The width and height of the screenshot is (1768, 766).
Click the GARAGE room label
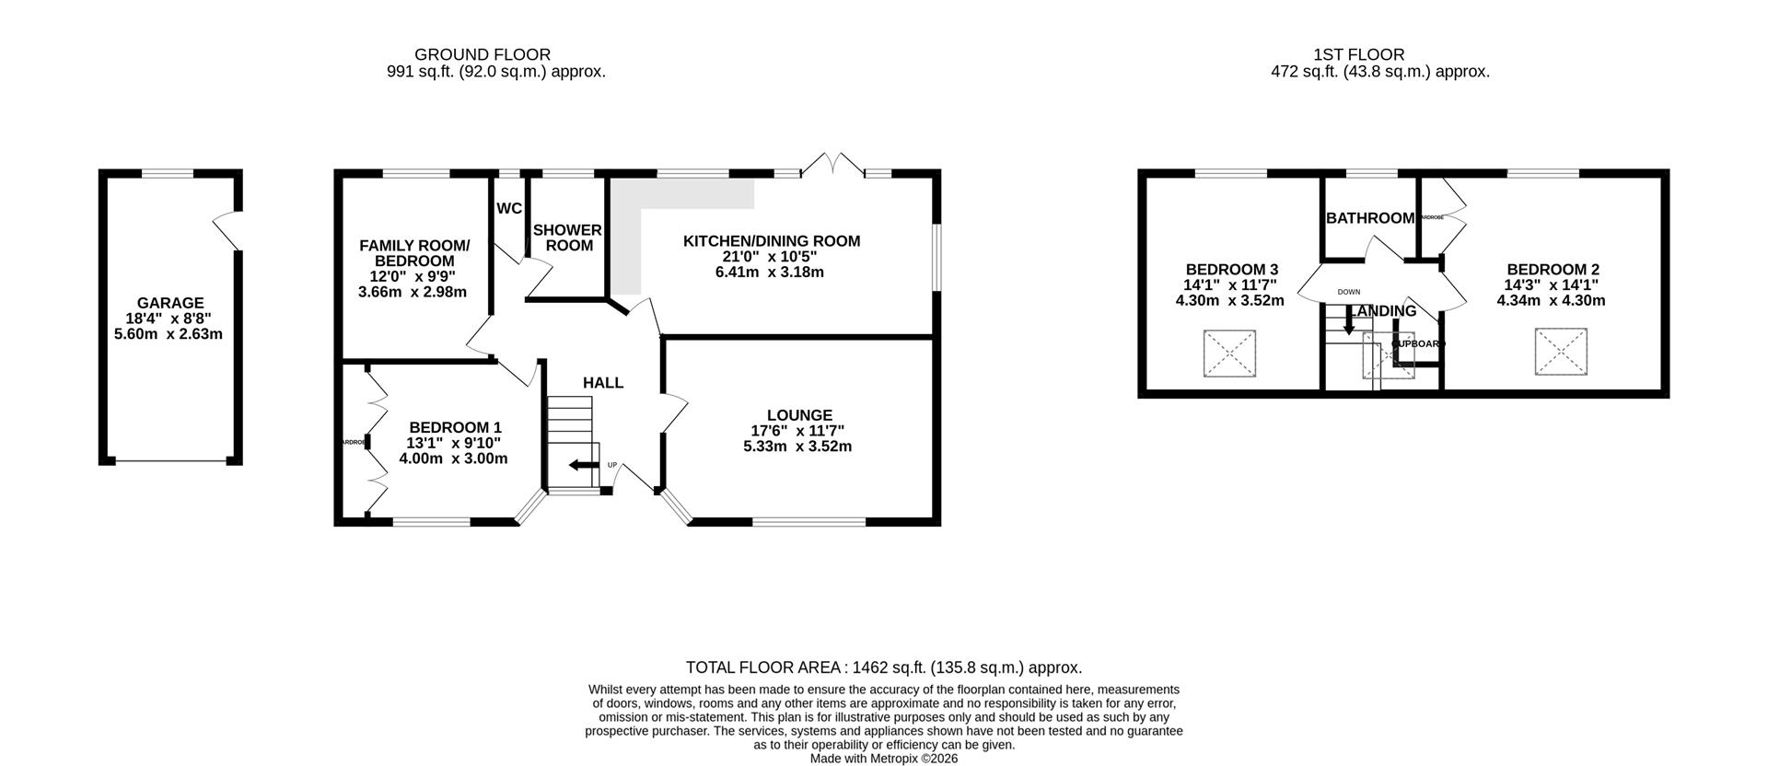point(170,303)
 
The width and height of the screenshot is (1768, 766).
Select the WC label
point(509,209)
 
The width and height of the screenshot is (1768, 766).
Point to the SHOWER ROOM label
point(567,238)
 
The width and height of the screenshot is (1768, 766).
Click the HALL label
point(603,382)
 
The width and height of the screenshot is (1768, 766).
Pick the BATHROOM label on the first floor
point(1370,218)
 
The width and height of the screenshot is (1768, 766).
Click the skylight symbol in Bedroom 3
point(1229,354)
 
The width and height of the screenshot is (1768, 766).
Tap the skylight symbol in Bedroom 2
point(1561,352)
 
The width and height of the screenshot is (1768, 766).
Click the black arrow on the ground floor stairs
point(581,465)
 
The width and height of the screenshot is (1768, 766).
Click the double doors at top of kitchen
point(832,166)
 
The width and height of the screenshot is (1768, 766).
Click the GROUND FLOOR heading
point(483,54)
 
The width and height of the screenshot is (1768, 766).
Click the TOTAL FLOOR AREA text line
point(884,667)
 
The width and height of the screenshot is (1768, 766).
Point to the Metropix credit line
point(884,759)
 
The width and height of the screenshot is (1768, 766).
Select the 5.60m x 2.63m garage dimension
point(169,334)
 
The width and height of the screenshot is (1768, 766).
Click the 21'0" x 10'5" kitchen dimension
point(771,257)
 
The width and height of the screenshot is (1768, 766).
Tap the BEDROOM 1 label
point(456,427)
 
